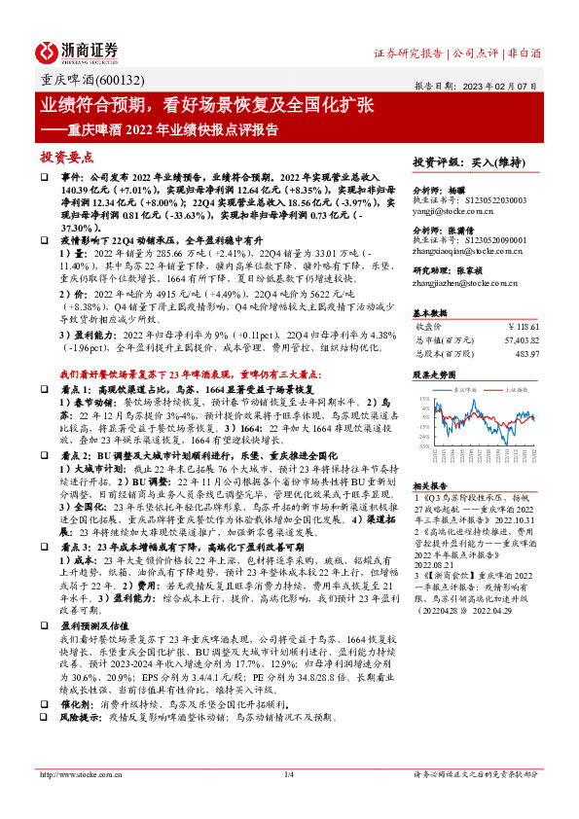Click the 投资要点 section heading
66,156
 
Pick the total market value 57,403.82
518,340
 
